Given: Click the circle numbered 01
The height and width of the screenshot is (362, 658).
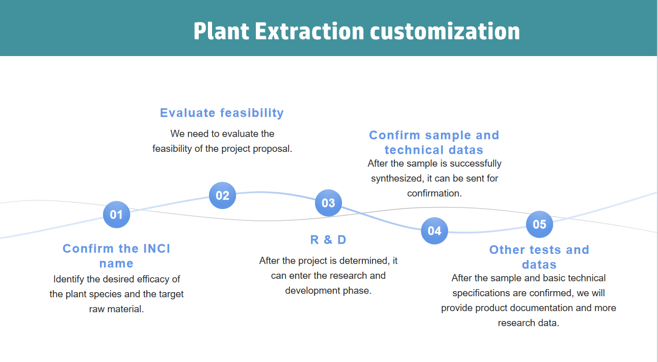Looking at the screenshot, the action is pos(116,215).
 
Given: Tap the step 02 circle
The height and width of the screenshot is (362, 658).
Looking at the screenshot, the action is pos(222,195).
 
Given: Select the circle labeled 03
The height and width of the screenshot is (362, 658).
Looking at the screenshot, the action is pos(328,203).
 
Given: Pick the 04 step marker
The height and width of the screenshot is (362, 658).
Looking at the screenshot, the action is pos(434,230).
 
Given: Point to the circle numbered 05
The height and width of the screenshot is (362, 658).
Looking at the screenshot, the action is pos(539,224).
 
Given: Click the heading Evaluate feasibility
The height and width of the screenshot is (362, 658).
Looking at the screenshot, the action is pos(222,113).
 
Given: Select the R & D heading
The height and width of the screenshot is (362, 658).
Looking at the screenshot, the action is pos(328,240).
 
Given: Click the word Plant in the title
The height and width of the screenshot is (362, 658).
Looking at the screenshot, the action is pos(221,31).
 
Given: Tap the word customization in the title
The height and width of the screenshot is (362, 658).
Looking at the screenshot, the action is pos(445,31).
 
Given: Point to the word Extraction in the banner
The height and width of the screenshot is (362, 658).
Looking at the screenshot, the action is pos(309,31).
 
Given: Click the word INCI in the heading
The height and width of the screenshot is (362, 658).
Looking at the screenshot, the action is pos(157,249).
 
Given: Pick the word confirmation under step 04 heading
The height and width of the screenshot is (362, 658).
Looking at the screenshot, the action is pos(434,193).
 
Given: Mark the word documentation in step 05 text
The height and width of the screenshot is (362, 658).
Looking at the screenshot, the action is pos(523,308).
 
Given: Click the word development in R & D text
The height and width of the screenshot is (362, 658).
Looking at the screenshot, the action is pos(312,291).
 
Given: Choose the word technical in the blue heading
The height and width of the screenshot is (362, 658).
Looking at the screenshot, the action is pos(413,150).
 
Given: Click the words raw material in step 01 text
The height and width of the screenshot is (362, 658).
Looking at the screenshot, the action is pos(116,309).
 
